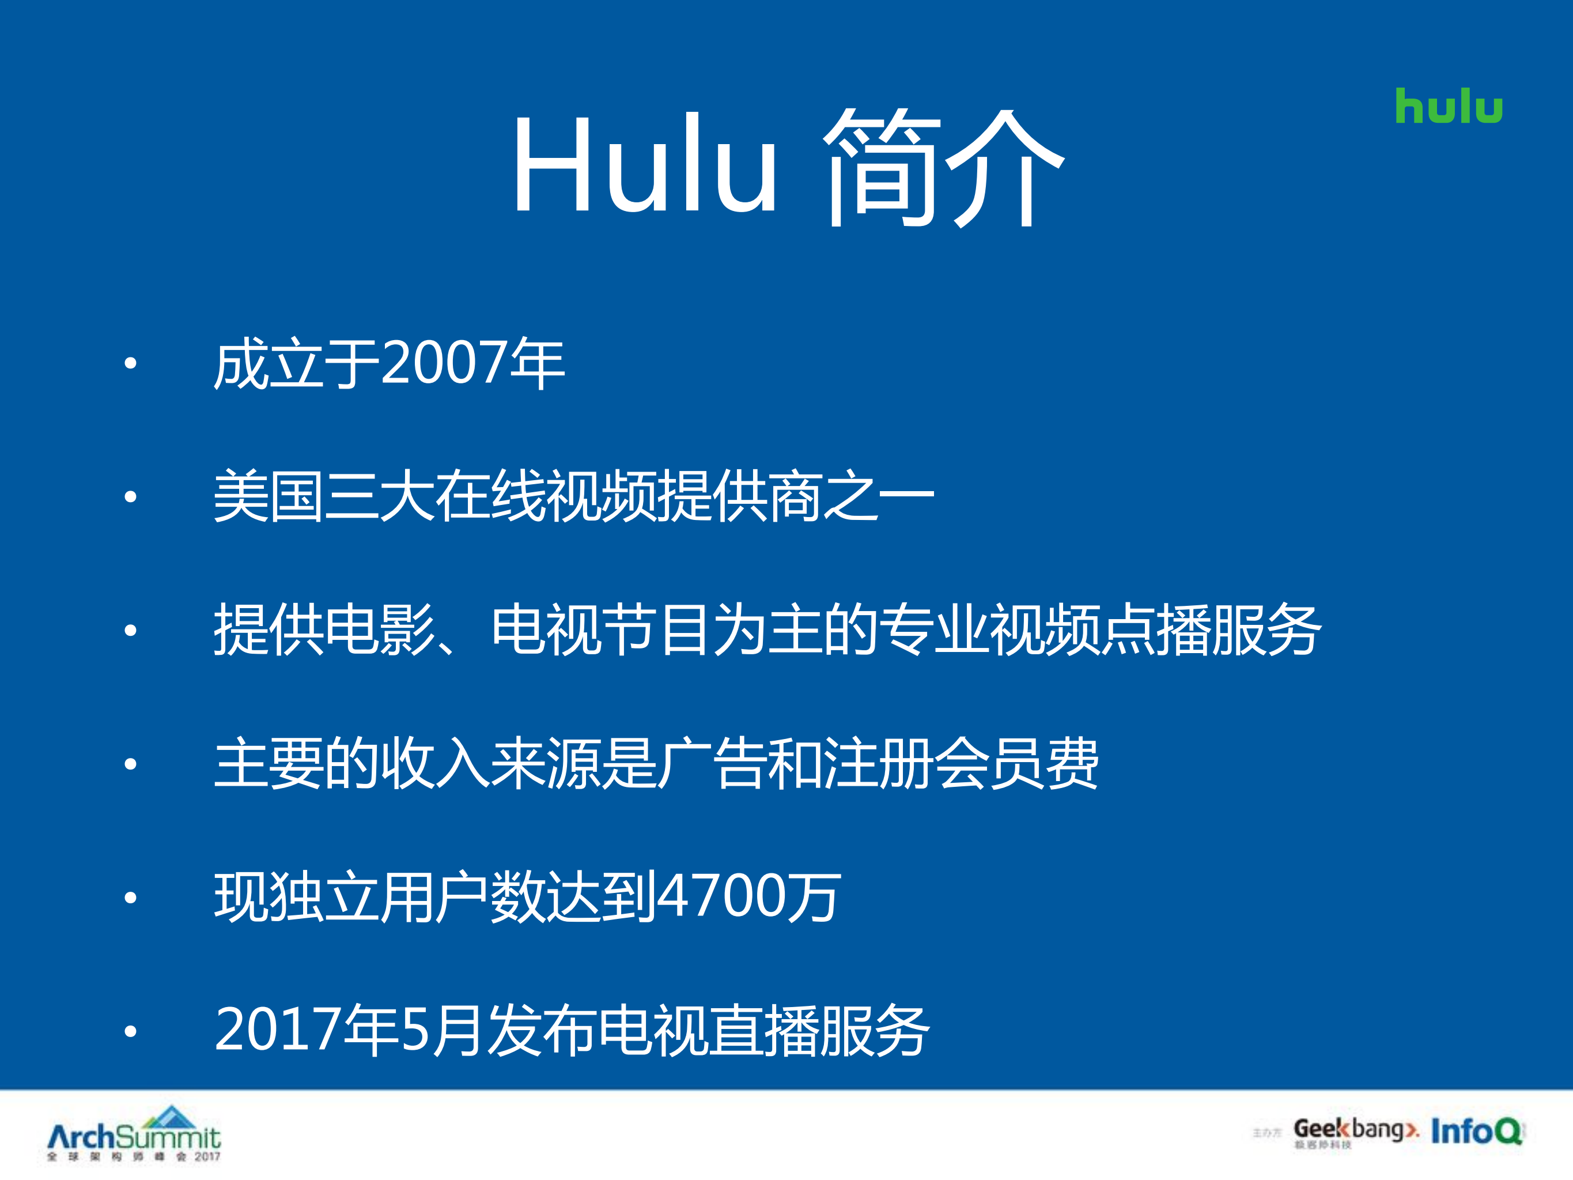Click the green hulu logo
tap(1449, 106)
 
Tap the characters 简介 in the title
tap(944, 168)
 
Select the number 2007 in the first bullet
tap(444, 363)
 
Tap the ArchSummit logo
tap(134, 1134)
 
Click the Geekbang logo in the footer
tap(1355, 1130)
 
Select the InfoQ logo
tap(1476, 1131)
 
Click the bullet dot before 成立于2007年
tap(130, 364)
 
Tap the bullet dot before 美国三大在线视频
tap(130, 496)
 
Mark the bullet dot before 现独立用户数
tap(130, 898)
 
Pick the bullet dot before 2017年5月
tap(130, 1031)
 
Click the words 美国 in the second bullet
tap(269, 496)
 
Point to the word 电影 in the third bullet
tap(380, 629)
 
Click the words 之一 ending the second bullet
tap(878, 496)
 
